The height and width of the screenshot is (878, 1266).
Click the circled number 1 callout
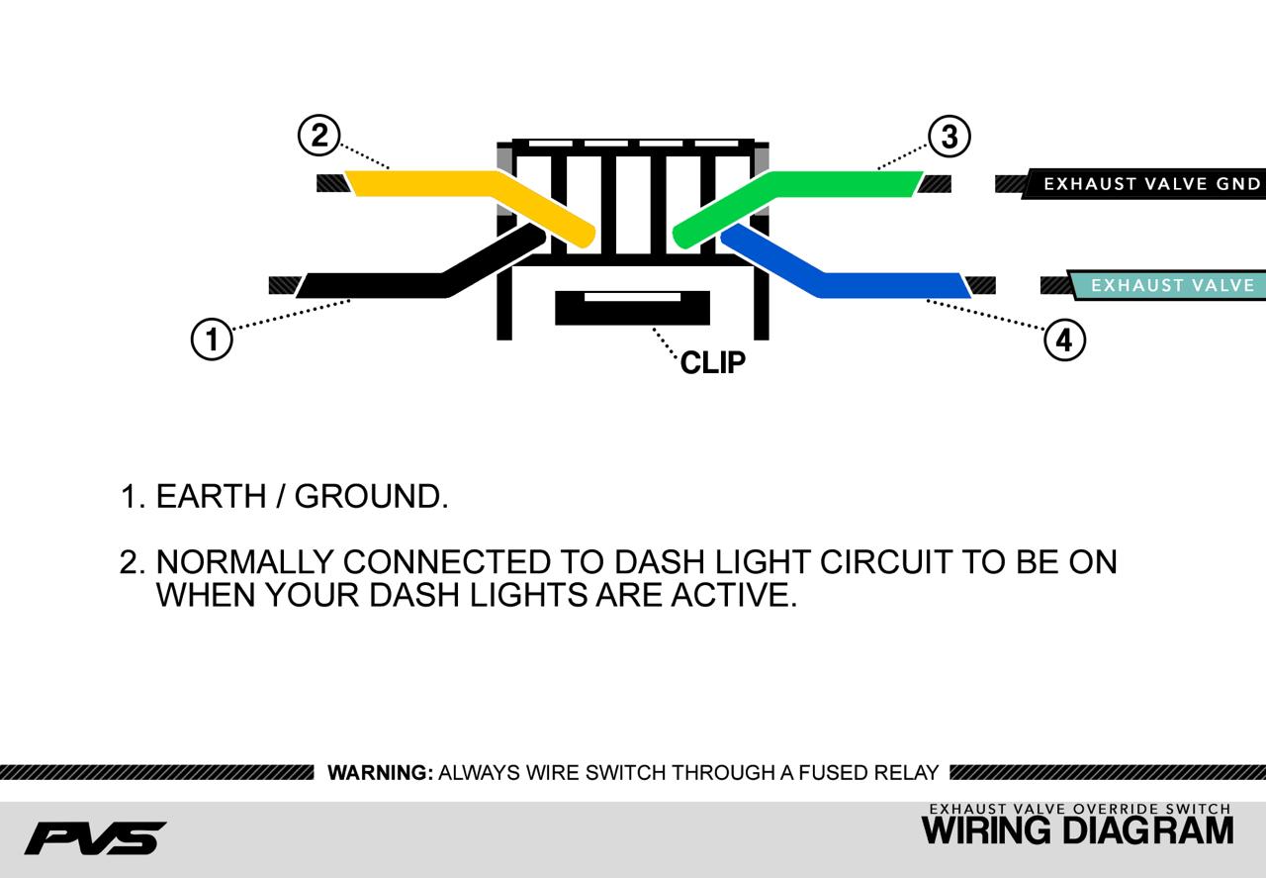(x=211, y=340)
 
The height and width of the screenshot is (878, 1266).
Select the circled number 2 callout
(x=318, y=136)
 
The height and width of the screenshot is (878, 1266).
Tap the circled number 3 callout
(x=949, y=137)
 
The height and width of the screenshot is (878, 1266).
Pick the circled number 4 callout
(x=1064, y=341)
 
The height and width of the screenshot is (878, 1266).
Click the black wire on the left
(x=376, y=285)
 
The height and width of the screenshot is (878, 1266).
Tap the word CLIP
(x=713, y=363)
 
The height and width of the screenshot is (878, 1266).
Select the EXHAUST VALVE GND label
(x=1151, y=184)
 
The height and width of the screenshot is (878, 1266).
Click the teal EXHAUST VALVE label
(x=1172, y=286)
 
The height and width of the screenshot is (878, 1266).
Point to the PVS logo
(x=95, y=837)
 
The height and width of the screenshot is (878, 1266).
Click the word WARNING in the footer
(x=380, y=773)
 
